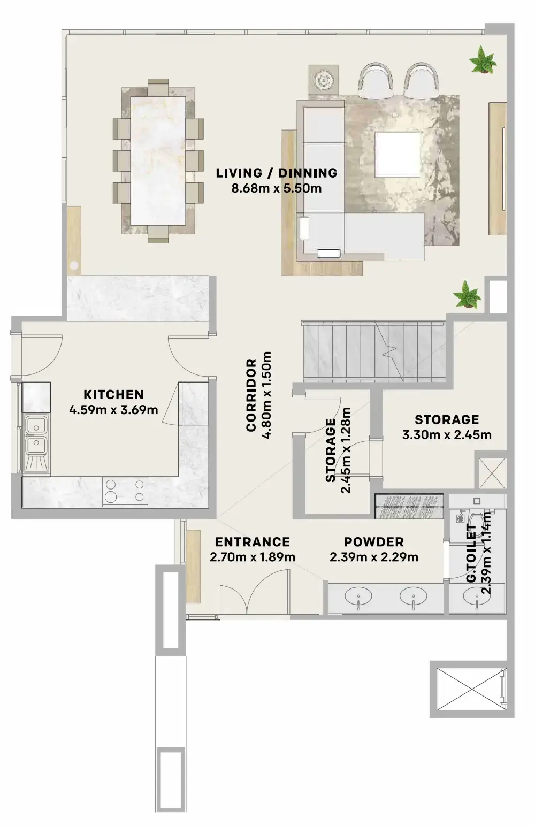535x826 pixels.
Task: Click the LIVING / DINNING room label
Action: (277, 173)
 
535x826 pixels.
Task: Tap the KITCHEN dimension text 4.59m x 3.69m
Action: (113, 410)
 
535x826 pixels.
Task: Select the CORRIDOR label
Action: (251, 395)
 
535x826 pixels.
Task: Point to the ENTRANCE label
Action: (253, 542)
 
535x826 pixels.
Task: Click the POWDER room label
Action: (373, 542)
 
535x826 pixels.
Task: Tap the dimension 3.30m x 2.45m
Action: (447, 434)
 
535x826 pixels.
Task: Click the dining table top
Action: (158, 160)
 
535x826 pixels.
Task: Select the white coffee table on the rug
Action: (397, 154)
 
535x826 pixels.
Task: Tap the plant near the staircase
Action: (467, 295)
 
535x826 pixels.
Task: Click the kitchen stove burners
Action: (125, 490)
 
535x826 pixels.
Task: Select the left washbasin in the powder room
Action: (356, 596)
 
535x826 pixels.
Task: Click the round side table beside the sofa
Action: (324, 81)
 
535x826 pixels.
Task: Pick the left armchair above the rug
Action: (375, 80)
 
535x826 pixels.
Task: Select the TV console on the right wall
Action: (497, 168)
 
